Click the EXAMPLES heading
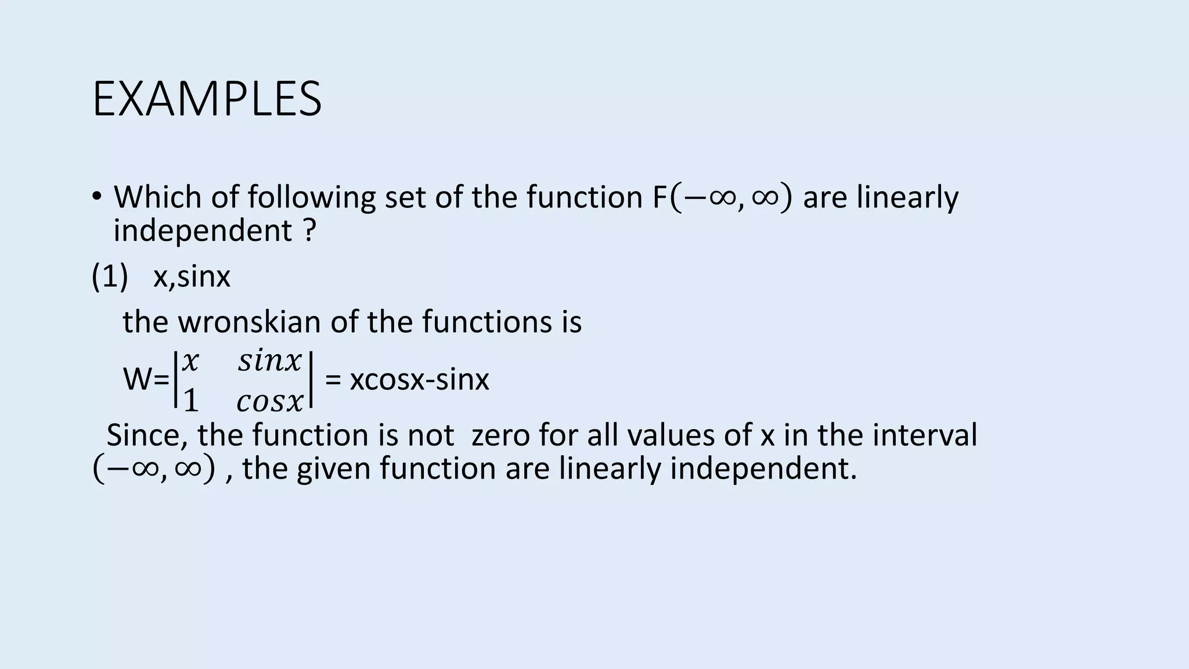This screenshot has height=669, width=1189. pos(207,99)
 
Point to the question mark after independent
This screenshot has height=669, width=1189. pos(309,231)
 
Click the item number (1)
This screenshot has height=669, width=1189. pos(110,276)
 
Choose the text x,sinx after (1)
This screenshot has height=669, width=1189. pos(192,276)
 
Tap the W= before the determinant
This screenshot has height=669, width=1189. pos(146,380)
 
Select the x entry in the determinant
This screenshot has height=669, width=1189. pos(190,361)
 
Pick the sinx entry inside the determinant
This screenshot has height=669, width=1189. pos(270,361)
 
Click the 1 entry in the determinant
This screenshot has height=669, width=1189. pos(190,401)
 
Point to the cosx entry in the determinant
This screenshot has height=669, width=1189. pos(270,401)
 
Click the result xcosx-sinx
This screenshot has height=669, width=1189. pos(419,380)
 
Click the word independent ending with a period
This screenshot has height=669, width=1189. pos(763,469)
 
